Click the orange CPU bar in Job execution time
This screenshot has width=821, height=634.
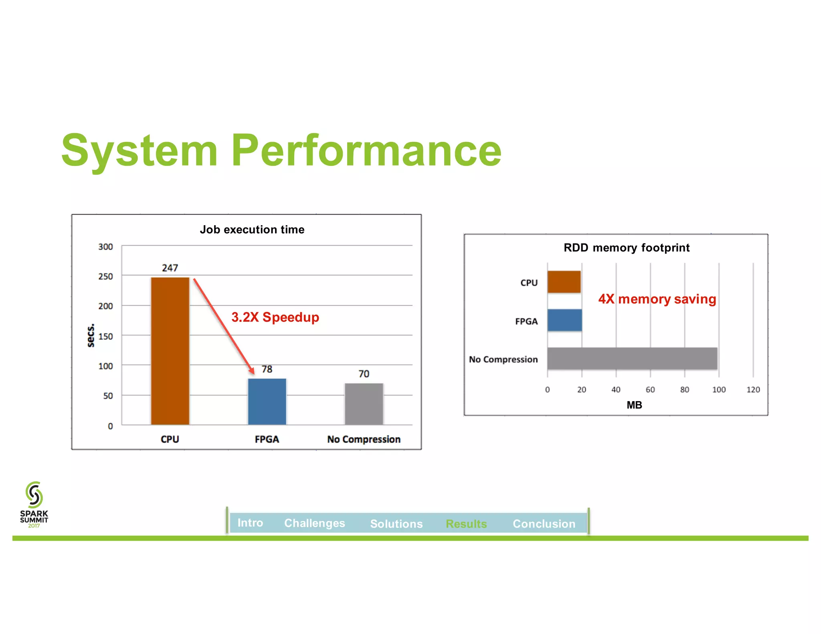coord(170,351)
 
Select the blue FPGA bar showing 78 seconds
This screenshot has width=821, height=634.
coord(267,402)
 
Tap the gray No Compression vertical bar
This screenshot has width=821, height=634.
coord(364,404)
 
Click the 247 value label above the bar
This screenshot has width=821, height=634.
coord(170,268)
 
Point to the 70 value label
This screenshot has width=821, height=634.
coord(364,374)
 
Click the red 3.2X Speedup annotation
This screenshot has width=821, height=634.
coord(275,317)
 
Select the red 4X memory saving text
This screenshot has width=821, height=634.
coord(657,299)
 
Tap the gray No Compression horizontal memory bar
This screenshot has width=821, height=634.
coord(632,358)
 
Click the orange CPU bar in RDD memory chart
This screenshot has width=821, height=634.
coord(564,282)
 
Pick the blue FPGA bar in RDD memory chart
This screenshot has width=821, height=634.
coord(564,320)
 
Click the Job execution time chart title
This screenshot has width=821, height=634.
coord(252,230)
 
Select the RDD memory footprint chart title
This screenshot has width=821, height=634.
coord(627,248)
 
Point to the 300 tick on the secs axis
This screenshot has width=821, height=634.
coord(105,247)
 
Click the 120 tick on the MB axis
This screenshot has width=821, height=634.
coord(753,390)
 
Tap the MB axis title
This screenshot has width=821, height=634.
coord(634,405)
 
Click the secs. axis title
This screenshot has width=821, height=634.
coord(91,335)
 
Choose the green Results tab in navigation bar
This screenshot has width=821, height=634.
coord(466,524)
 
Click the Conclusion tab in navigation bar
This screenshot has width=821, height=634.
coord(544,524)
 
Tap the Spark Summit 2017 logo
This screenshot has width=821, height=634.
coord(34,505)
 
